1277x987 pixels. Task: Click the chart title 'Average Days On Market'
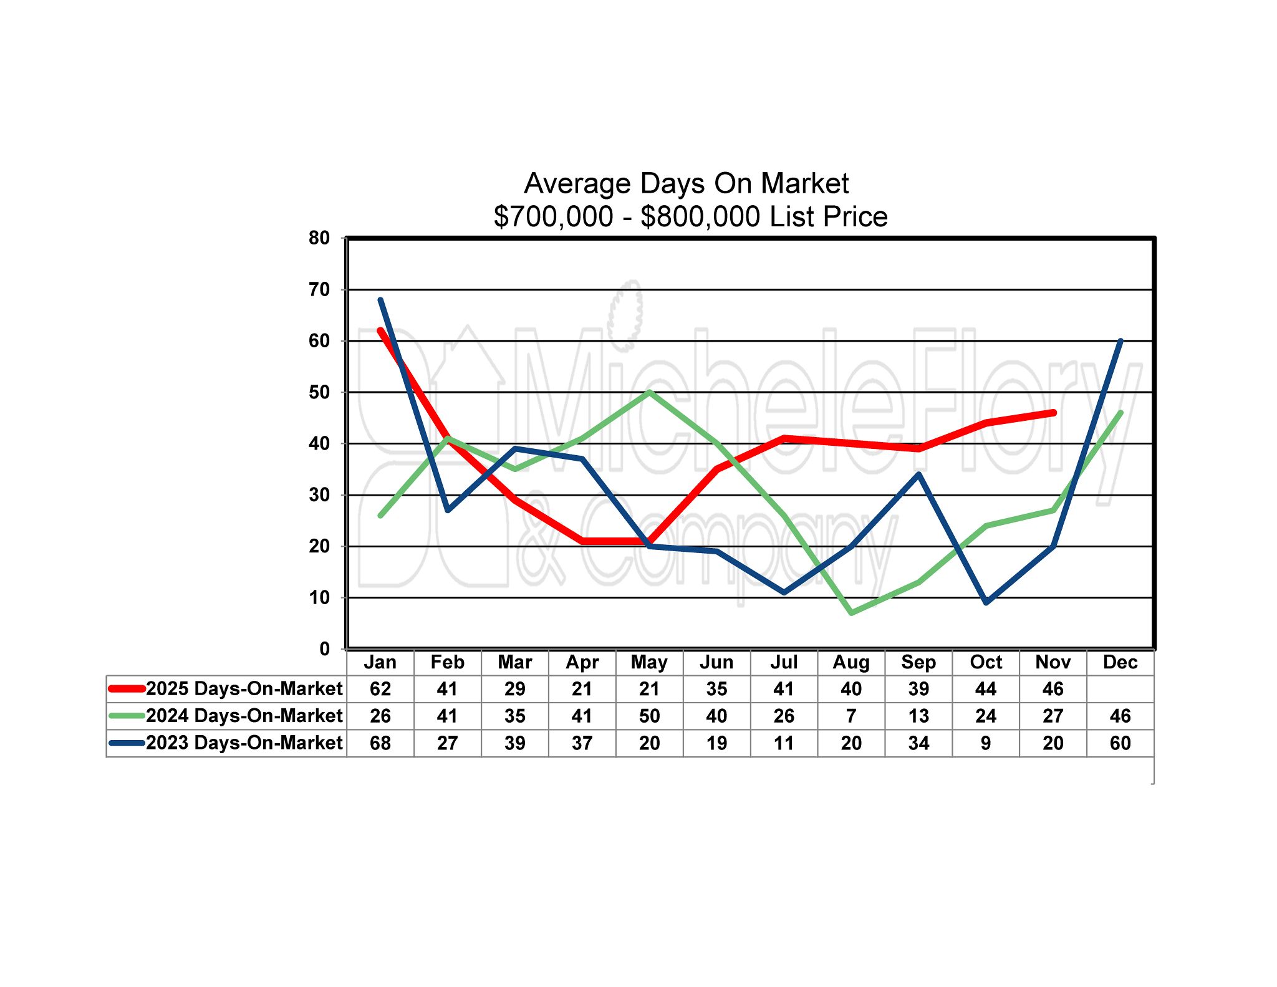686,183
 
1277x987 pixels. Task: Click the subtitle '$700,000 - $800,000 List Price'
690,216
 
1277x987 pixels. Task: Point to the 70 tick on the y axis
319,289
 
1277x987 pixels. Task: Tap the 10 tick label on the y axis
319,597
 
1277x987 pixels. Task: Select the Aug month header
851,662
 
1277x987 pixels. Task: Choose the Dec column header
1120,662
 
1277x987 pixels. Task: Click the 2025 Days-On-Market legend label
244,688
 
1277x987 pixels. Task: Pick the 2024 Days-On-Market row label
244,716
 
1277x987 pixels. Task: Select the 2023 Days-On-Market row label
244,743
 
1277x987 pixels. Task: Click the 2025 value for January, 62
380,689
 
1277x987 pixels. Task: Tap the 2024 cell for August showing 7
851,716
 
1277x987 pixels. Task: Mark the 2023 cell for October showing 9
986,743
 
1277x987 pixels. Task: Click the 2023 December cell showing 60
1120,743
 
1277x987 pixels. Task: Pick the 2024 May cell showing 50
649,716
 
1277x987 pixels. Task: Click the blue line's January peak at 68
380,300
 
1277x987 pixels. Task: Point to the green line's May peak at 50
649,392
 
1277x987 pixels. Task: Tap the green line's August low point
851,613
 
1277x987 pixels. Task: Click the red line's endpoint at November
1053,413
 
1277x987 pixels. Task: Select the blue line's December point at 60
1120,341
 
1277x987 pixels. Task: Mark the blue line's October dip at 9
986,602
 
